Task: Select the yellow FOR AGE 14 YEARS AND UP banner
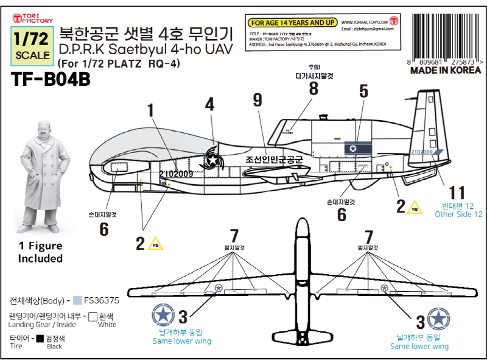[293, 23]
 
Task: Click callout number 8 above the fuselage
[314, 88]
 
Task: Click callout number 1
[150, 110]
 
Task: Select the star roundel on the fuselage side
[212, 160]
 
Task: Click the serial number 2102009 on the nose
[177, 174]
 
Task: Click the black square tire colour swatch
[40, 339]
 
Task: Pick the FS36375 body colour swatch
[77, 300]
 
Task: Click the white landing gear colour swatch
[93, 317]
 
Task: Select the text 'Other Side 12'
[458, 214]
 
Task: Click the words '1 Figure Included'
[40, 252]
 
